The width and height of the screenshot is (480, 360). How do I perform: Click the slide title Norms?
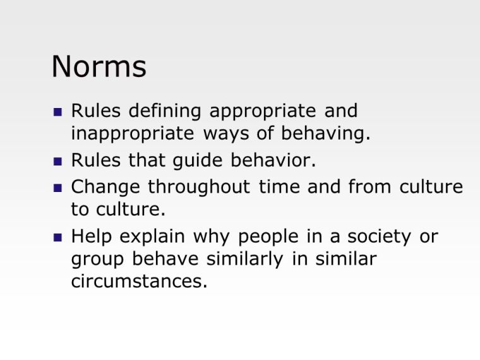(99, 66)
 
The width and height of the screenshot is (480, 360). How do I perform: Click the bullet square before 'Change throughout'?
(58, 188)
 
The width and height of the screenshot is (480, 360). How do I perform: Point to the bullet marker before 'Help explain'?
(58, 238)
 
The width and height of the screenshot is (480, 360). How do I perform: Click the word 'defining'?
(165, 112)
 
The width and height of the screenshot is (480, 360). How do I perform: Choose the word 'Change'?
(106, 187)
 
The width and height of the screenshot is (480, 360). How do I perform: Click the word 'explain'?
(153, 237)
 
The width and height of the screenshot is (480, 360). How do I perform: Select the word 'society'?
(377, 237)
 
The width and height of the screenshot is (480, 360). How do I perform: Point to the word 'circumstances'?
(139, 282)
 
